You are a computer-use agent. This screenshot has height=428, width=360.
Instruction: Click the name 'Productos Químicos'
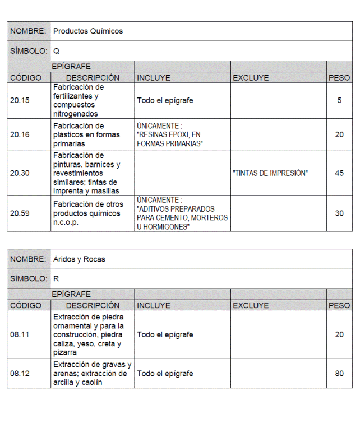pos(87,31)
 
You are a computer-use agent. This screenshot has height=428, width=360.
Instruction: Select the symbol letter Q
pos(56,51)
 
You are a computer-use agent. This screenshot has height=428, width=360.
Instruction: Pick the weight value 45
pos(339,173)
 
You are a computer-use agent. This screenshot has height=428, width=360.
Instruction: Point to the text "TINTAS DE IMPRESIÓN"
pos(270,173)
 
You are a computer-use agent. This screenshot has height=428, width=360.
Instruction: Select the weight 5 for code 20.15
pos(339,101)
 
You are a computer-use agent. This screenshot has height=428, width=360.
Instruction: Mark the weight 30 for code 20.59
pos(339,213)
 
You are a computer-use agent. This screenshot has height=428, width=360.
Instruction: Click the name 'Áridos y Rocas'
pos(79,259)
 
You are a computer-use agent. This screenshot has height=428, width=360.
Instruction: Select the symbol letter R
pos(56,278)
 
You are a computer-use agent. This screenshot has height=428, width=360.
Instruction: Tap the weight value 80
pos(339,373)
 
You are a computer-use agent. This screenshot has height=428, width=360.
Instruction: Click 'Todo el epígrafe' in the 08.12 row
pos(165,373)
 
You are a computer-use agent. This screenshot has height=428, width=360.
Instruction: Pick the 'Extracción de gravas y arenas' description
pos(92,373)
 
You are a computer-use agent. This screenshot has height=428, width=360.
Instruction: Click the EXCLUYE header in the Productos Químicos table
pos(251,78)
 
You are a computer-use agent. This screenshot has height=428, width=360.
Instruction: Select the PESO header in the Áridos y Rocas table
pos(339,305)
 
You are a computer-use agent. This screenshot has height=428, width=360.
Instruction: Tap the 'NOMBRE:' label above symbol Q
pos(28,31)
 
